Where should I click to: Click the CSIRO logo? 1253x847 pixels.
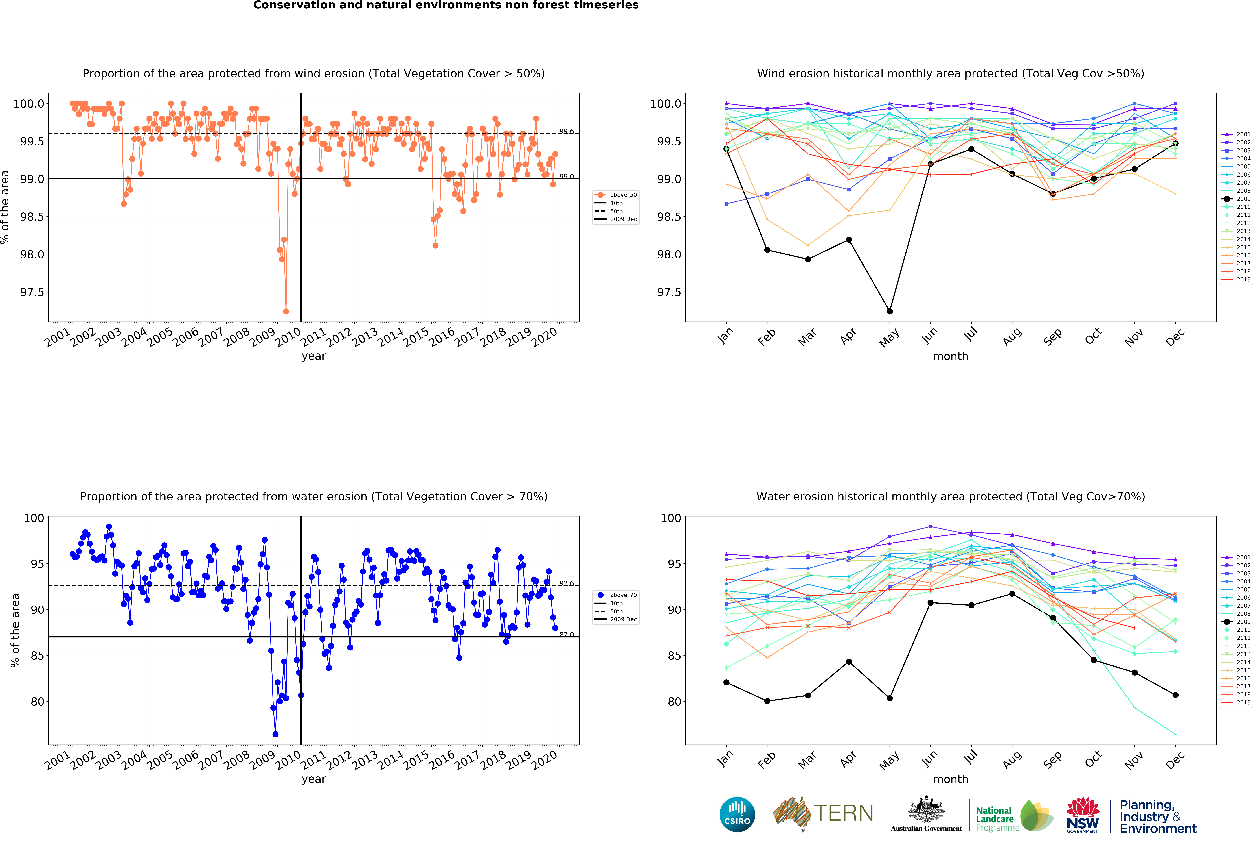pyautogui.click(x=737, y=814)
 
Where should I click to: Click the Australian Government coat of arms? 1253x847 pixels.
pyautogui.click(x=926, y=809)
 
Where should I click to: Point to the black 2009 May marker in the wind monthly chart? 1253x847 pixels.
pyautogui.click(x=890, y=311)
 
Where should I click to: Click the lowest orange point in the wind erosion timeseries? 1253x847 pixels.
pyautogui.click(x=286, y=311)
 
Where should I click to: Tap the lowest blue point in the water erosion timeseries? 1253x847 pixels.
pyautogui.click(x=276, y=734)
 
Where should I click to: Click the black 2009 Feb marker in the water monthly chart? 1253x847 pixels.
pyautogui.click(x=767, y=701)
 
